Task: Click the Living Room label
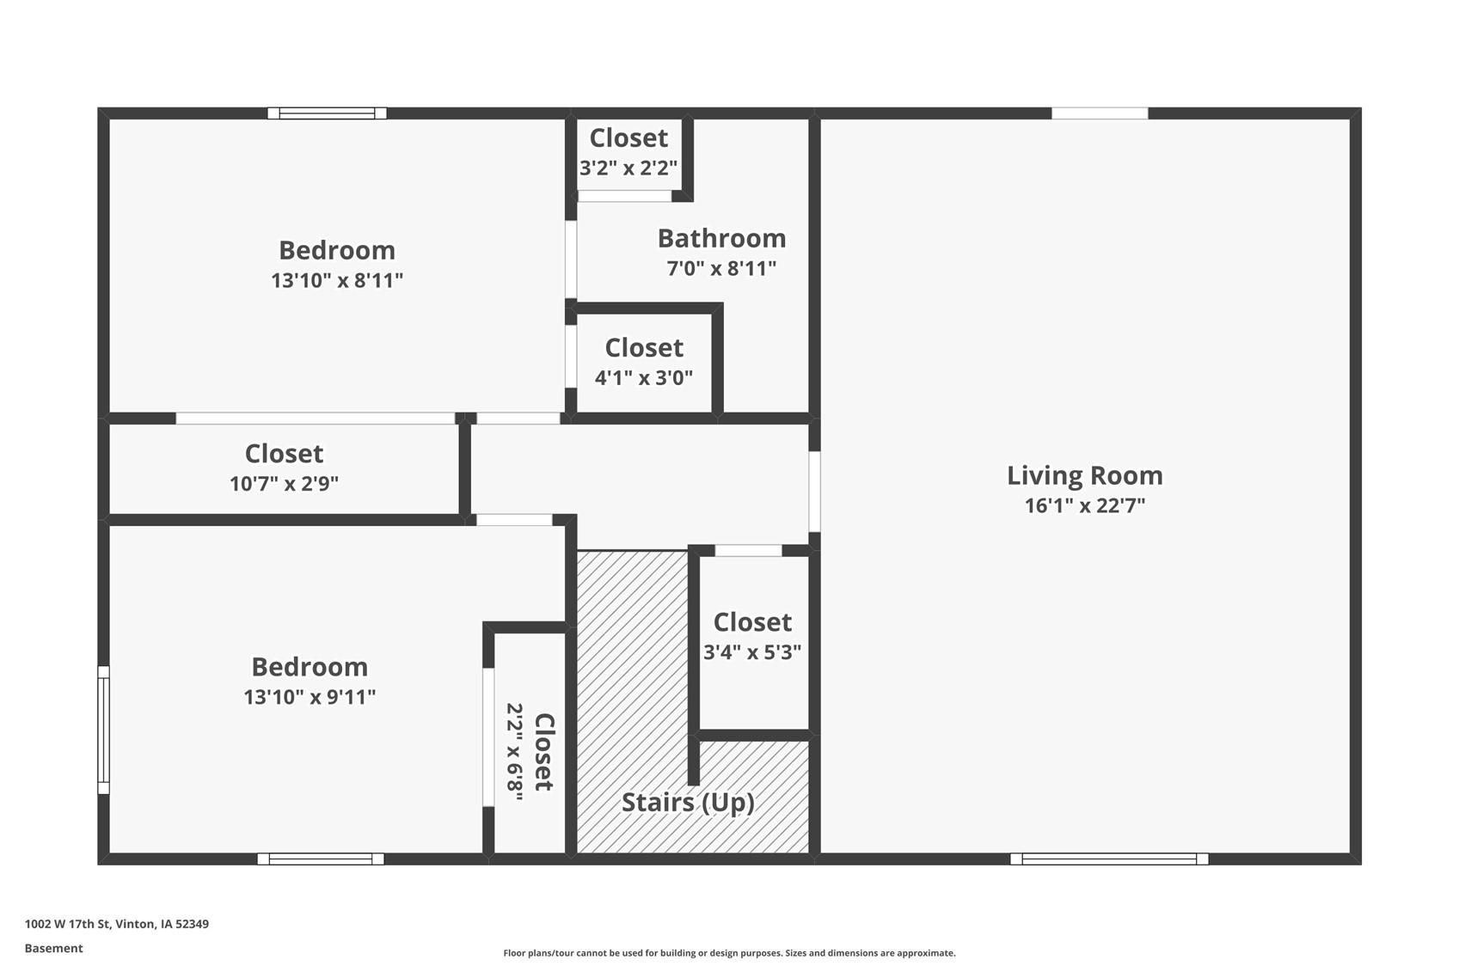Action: pos(1084,475)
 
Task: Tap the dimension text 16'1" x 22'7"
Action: pos(1084,505)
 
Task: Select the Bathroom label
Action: pos(721,238)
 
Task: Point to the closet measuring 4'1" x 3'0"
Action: pos(644,362)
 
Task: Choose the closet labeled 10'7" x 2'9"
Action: pos(284,468)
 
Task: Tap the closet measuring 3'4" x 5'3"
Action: pos(752,637)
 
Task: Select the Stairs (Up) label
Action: pos(688,802)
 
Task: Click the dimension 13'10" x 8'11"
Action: pos(337,280)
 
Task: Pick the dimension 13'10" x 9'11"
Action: pos(310,697)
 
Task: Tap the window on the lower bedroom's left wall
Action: pos(103,730)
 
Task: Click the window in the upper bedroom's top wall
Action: pos(327,113)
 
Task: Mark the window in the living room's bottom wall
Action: pos(1109,859)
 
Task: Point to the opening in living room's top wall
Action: pos(1100,113)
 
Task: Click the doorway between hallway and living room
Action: pos(814,492)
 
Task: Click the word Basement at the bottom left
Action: pos(53,948)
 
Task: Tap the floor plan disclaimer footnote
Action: pos(729,952)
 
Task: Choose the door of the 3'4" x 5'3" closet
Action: pos(748,550)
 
